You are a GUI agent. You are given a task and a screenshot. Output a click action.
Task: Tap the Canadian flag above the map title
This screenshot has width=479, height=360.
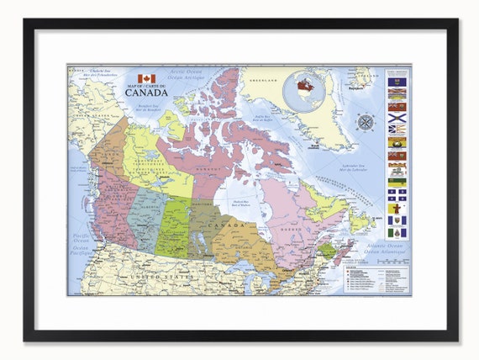click(147, 78)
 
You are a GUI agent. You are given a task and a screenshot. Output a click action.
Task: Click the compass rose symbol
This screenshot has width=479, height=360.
click(366, 122)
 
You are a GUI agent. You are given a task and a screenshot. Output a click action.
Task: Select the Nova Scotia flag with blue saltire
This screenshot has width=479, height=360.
click(397, 118)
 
